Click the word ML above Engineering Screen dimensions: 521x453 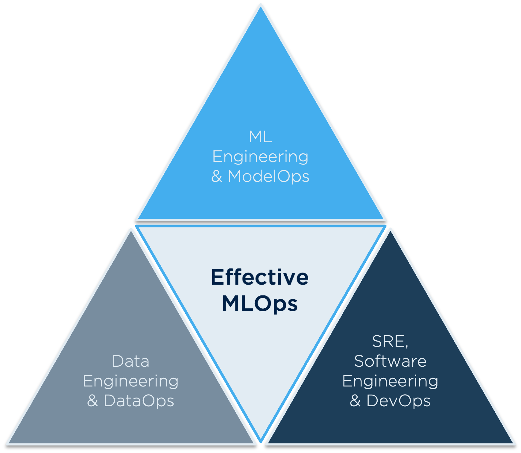pyautogui.click(x=260, y=137)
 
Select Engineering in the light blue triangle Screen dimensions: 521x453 pyautogui.click(x=260, y=157)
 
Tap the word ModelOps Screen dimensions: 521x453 pyautogui.click(x=268, y=176)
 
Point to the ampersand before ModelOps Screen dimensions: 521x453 pyautogui.click(x=217, y=176)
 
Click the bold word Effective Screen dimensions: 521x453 pyautogui.click(x=260, y=277)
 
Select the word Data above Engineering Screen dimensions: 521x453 pyautogui.click(x=131, y=361)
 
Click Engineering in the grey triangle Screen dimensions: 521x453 pyautogui.click(x=131, y=381)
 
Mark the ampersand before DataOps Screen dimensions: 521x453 pyautogui.click(x=92, y=401)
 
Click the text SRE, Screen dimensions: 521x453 pyautogui.click(x=390, y=342)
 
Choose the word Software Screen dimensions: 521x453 pyautogui.click(x=390, y=361)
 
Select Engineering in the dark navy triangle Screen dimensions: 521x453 pyautogui.click(x=390, y=381)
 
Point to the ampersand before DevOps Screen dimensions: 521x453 pyautogui.click(x=355, y=401)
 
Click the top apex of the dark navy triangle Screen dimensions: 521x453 pyautogui.click(x=390, y=231)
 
